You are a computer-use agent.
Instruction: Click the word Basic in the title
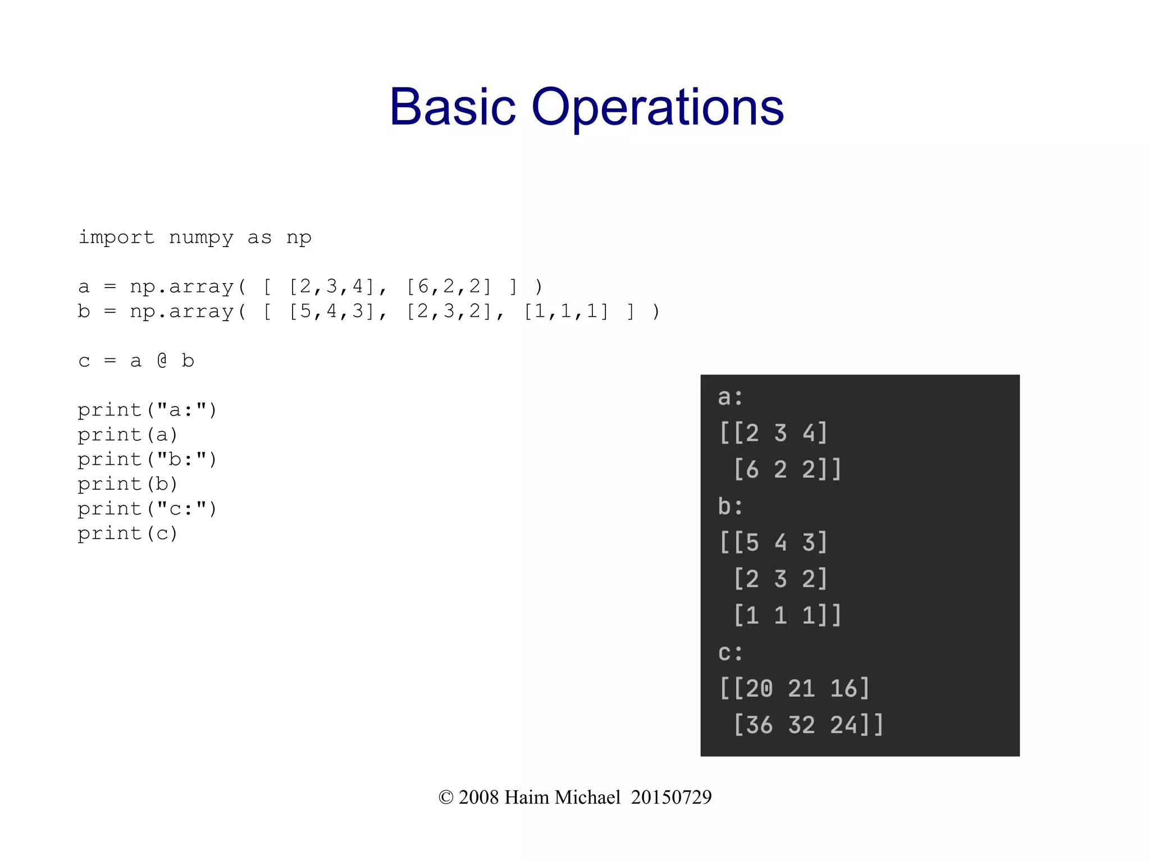coord(452,107)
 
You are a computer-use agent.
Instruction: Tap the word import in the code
coord(116,237)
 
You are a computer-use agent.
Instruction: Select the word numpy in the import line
coord(201,238)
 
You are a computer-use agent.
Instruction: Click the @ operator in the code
coord(162,361)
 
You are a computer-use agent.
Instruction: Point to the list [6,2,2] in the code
coord(449,286)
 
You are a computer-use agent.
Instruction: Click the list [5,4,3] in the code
coord(331,311)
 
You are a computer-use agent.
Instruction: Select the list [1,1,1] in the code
coord(566,311)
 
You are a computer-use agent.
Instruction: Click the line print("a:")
coord(147,410)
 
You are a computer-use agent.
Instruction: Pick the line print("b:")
coord(147,459)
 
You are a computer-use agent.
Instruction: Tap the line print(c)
coord(127,533)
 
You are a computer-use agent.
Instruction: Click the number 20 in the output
coord(759,688)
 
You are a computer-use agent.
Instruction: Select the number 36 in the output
coord(759,725)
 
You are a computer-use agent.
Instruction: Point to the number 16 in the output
coord(843,688)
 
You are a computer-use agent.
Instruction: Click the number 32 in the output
coord(801,725)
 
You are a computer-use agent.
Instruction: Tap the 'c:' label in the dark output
coord(730,653)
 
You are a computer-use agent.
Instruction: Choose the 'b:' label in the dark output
coord(730,507)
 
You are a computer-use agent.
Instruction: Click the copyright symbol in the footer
coord(446,797)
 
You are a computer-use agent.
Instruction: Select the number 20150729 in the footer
coord(671,797)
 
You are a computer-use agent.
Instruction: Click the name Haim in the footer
coord(526,797)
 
